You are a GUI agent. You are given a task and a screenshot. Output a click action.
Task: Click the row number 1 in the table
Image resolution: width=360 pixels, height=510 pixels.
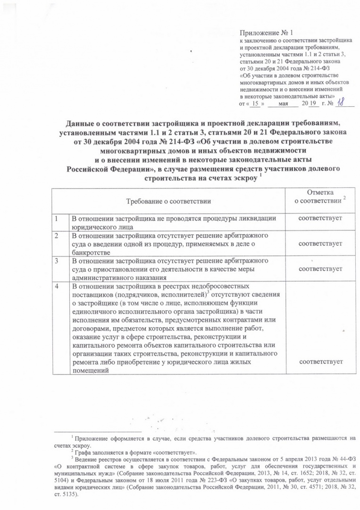point(56,218)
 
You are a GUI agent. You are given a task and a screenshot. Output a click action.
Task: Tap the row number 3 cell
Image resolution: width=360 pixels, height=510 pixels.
point(56,261)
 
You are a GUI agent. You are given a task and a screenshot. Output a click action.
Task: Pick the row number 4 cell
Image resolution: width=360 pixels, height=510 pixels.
point(56,286)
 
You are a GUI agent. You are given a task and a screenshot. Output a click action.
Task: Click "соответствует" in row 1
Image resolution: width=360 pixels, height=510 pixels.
point(317,218)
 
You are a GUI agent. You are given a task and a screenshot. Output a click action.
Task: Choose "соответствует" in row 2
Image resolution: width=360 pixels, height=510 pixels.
point(317,243)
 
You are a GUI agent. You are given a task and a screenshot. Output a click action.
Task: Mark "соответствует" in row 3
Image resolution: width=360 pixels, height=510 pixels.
point(317,269)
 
